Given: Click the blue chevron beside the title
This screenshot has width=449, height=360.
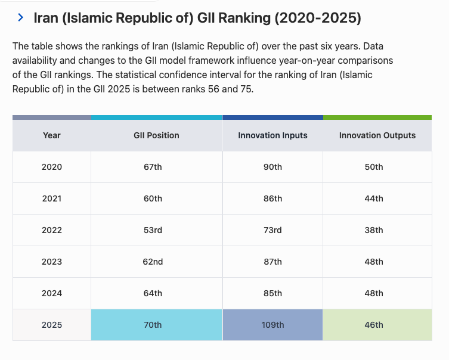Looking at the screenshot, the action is [20, 17].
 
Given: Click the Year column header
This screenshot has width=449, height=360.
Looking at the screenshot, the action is [52, 135].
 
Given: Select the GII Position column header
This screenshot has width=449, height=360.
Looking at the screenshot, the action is [156, 135].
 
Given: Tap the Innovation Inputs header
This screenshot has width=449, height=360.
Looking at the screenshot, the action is [273, 135].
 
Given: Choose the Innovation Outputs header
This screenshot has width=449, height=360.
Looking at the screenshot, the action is [377, 135].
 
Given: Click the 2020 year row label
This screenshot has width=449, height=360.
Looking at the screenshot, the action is [52, 167].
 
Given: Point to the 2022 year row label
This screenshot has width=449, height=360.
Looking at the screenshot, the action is [52, 230].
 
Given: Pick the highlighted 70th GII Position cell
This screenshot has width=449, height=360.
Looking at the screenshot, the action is [157, 325].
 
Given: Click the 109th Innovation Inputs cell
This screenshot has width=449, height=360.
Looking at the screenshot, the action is [273, 325].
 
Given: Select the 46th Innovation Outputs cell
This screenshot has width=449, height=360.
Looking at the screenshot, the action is [377, 325].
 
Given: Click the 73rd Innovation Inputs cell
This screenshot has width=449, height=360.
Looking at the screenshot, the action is [273, 230].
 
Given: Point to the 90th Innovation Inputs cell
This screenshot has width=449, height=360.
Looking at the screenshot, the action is [273, 167].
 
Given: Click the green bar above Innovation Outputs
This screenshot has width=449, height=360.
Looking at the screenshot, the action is [377, 117].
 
